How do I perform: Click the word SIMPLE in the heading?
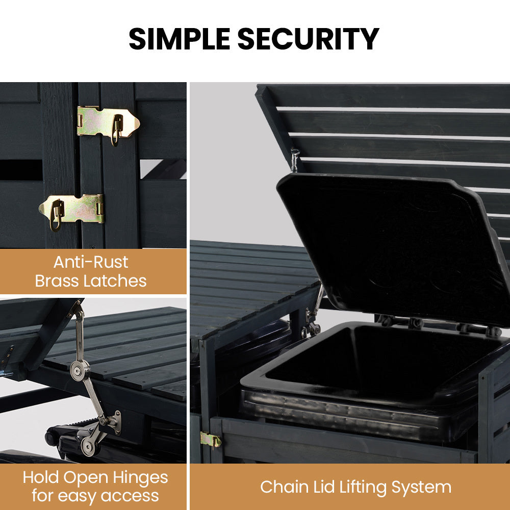point(179,39)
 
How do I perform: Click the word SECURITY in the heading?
point(308,39)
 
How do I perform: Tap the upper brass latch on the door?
point(108,122)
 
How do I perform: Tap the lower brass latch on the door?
point(72,210)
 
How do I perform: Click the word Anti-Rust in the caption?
point(91,262)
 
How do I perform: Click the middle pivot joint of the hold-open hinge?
point(80,368)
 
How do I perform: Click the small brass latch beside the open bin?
point(210,439)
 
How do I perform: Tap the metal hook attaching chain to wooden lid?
point(295,159)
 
